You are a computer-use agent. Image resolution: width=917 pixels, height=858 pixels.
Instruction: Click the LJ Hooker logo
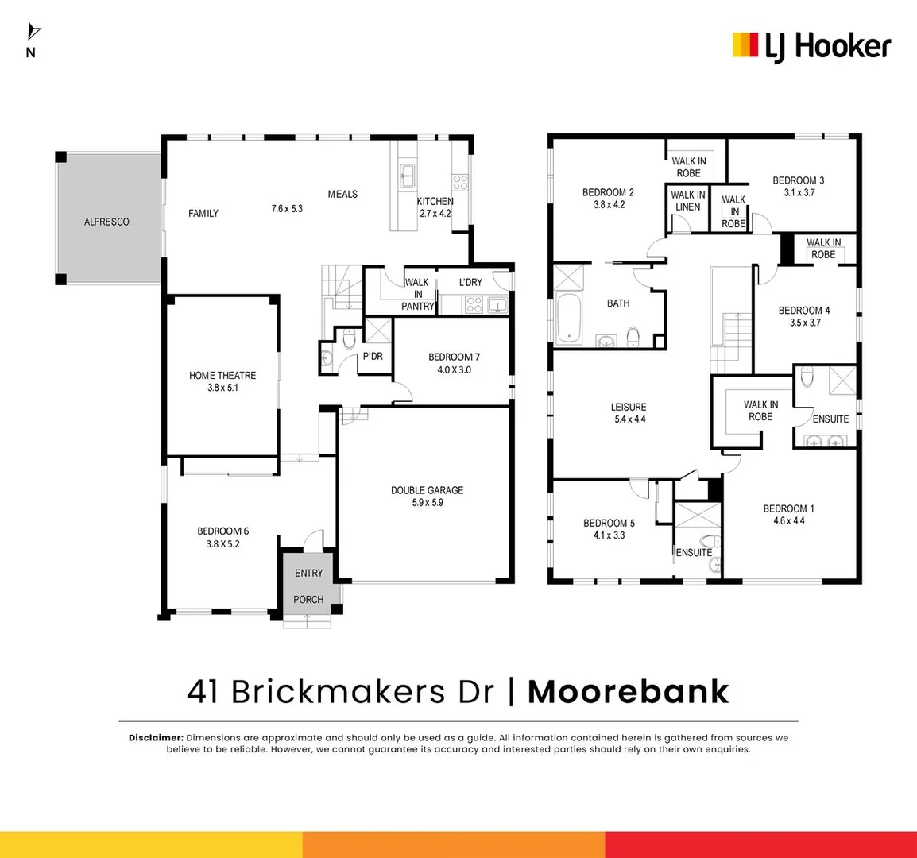tap(811, 46)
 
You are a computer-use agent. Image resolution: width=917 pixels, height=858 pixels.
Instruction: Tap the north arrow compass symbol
tap(33, 33)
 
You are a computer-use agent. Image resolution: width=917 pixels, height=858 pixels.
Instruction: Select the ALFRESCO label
tap(106, 222)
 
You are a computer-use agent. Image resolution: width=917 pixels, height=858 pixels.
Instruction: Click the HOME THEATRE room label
tap(222, 375)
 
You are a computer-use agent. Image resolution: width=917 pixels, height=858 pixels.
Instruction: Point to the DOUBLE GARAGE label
tap(427, 490)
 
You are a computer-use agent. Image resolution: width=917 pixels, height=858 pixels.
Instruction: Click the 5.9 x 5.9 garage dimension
tap(427, 503)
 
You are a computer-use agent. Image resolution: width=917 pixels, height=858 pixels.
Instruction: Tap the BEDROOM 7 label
tap(454, 357)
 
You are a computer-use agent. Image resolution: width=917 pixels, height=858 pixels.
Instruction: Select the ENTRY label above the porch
tap(308, 573)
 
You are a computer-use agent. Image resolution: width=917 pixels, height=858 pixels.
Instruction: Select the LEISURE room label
tap(629, 407)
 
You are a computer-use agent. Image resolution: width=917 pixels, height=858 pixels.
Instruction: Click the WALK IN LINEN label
tap(687, 201)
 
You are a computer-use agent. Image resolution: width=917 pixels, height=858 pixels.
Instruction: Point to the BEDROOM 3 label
tap(799, 180)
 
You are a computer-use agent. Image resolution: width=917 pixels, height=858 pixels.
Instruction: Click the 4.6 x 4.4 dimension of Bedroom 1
tap(789, 521)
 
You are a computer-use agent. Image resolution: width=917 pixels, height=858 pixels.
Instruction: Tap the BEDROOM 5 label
tap(609, 523)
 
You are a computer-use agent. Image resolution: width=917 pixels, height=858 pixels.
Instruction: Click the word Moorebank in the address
tap(628, 691)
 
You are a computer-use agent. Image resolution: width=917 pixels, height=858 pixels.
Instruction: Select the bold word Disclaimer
tap(156, 738)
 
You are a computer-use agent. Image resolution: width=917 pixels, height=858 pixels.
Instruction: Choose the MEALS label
tap(342, 194)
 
